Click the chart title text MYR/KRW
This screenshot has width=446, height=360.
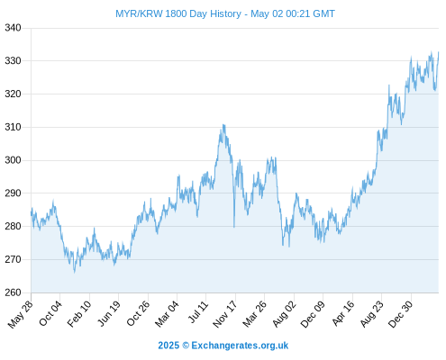click(139, 13)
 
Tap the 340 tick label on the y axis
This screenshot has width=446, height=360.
click(13, 28)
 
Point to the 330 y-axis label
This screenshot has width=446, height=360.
click(13, 61)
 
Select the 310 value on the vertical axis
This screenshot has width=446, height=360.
click(13, 127)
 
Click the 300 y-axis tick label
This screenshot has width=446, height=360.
click(13, 160)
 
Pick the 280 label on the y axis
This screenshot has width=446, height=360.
click(13, 226)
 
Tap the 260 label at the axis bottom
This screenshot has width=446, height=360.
click(13, 292)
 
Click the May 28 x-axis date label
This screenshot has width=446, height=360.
click(21, 314)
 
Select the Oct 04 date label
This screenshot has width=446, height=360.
click(50, 313)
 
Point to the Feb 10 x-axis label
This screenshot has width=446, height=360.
click(79, 314)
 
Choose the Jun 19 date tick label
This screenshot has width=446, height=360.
click(109, 313)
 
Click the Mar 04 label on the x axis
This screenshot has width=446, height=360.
click(167, 314)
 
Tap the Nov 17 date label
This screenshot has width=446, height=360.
click(225, 314)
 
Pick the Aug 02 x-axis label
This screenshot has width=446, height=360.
click(284, 314)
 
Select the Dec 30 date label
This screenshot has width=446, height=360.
click(401, 314)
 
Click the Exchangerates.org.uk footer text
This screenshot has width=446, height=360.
click(240, 346)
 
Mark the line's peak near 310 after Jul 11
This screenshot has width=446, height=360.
click(223, 125)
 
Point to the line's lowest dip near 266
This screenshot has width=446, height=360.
click(75, 272)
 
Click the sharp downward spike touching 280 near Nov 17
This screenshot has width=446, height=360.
click(234, 227)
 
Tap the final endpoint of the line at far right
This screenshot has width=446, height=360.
click(439, 52)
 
